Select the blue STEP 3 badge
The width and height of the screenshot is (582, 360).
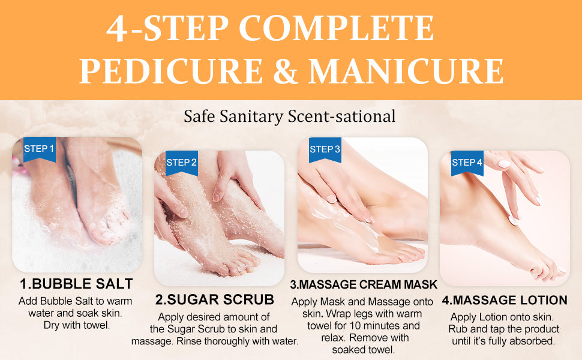pyautogui.click(x=325, y=149)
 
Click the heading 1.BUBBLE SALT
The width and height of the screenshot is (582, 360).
pyautogui.click(x=76, y=284)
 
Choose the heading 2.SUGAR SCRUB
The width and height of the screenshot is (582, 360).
pyautogui.click(x=215, y=299)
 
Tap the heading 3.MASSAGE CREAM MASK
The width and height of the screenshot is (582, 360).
pyautogui.click(x=364, y=284)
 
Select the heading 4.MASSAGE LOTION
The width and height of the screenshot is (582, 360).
pyautogui.click(x=505, y=300)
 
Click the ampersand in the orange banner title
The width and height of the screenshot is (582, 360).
pyautogui.click(x=286, y=71)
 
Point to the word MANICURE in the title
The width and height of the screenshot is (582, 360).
pyautogui.click(x=406, y=71)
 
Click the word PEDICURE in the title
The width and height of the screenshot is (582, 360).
pyautogui.click(x=171, y=71)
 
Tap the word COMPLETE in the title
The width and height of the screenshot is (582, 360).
pyautogui.click(x=336, y=28)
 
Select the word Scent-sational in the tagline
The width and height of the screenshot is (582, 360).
pyautogui.click(x=341, y=116)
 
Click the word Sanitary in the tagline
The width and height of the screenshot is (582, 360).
pyautogui.click(x=251, y=116)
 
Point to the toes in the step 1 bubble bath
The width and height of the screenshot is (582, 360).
pyautogui.click(x=112, y=226)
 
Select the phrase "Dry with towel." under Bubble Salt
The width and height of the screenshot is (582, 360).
pyautogui.click(x=77, y=325)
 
